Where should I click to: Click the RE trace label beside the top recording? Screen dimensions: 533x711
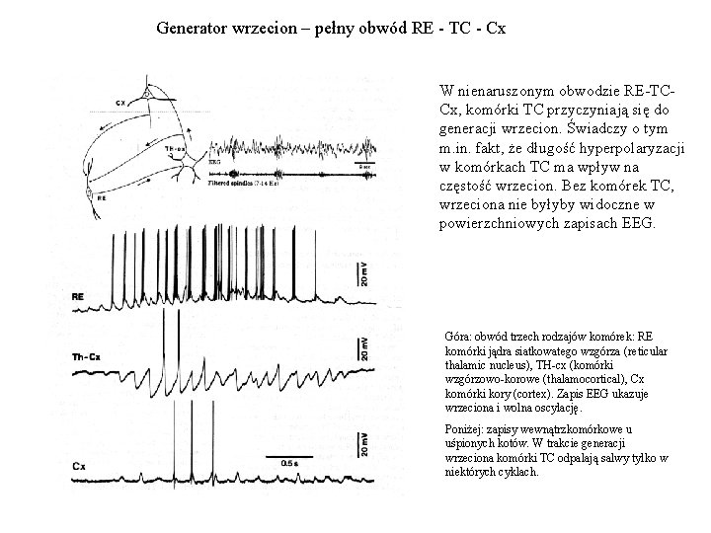(106, 295)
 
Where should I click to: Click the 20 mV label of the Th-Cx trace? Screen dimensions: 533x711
(364, 346)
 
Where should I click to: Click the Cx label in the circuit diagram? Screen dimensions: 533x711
(120, 102)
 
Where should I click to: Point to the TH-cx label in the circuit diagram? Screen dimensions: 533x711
(176, 147)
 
